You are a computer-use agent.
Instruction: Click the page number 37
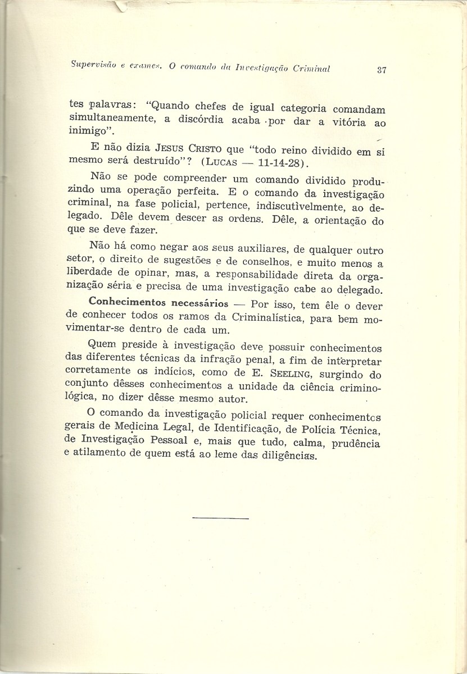tap(366, 70)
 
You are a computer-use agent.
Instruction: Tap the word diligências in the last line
tap(282, 457)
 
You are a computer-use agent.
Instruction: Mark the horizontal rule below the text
tap(220, 516)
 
